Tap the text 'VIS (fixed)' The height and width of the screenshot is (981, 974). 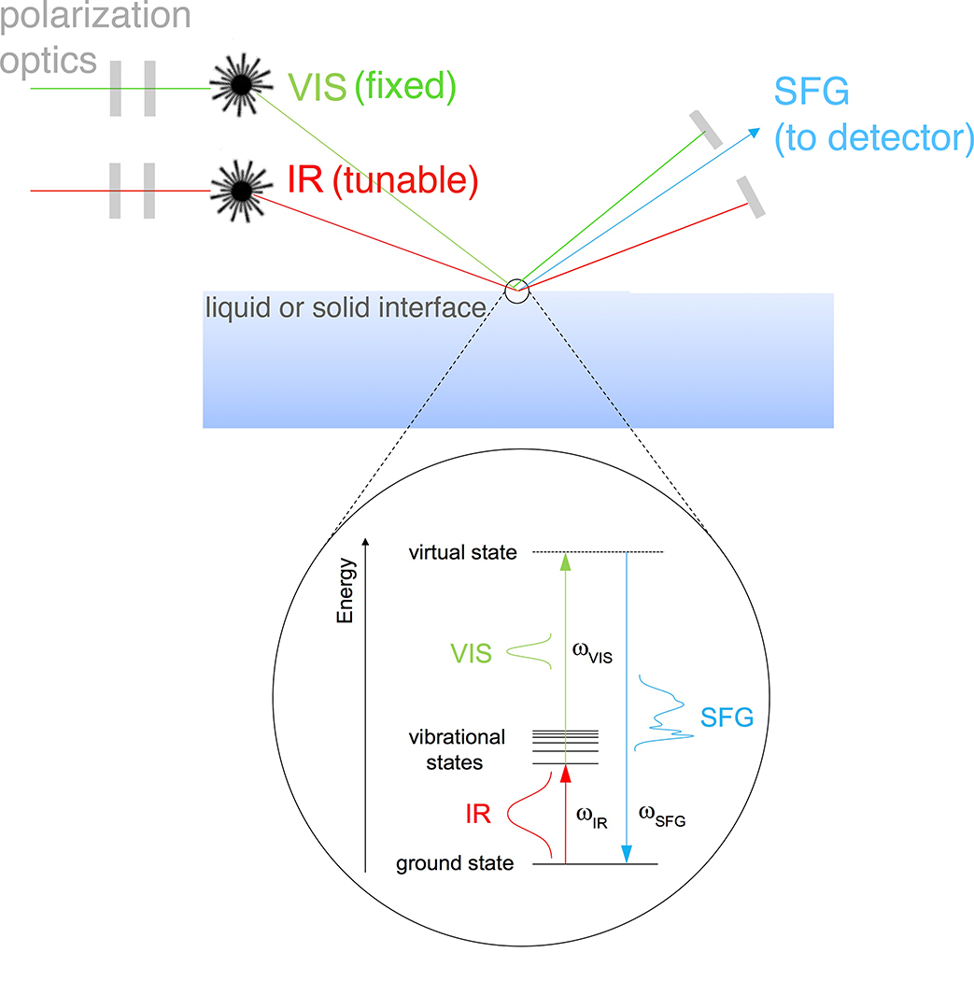371,87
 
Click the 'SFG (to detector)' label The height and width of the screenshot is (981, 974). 874,117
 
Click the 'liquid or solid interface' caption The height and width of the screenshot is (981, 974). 346,307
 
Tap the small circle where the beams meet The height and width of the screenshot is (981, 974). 516,290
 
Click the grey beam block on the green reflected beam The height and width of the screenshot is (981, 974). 706,130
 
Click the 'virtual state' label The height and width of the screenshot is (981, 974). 462,552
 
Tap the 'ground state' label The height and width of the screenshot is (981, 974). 455,863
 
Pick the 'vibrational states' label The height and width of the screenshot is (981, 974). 458,749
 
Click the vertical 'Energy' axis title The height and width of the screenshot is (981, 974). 346,590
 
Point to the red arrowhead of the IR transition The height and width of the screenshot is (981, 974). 564,775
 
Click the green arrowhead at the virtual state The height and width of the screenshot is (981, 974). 564,561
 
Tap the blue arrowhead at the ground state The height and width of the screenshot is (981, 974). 627,854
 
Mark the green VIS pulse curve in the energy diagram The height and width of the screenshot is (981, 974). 536,651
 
